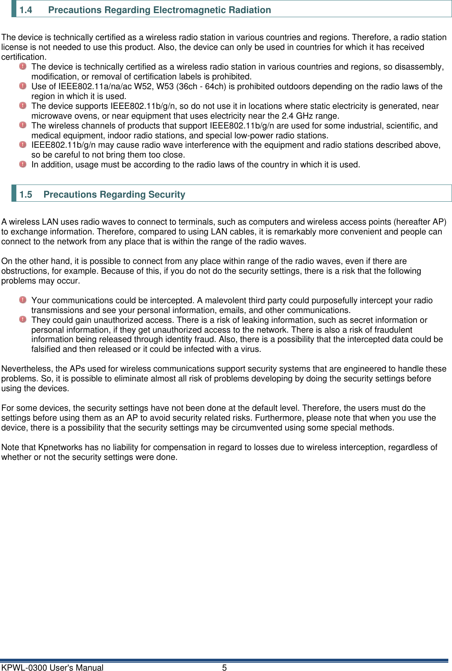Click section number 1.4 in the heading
click(x=26, y=10)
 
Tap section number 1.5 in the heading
click(x=26, y=194)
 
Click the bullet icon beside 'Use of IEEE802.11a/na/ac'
click(x=23, y=86)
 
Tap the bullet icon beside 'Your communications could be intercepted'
click(x=23, y=299)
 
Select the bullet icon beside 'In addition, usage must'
click(x=23, y=164)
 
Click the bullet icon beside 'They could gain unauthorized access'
click(x=23, y=319)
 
